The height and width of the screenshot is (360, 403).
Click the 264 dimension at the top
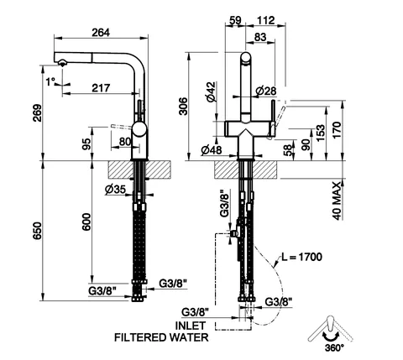[x=101, y=33]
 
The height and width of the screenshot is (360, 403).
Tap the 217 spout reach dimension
[x=101, y=88]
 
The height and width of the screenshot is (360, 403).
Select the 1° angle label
[x=50, y=82]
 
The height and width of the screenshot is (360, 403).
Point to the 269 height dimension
[x=37, y=112]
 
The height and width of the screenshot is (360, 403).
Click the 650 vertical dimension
[x=37, y=231]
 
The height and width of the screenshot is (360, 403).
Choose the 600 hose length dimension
[x=86, y=222]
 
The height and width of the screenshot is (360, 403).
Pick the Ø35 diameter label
[x=115, y=190]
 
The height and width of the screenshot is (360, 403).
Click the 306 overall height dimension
[x=183, y=106]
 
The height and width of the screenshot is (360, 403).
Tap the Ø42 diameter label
[x=211, y=91]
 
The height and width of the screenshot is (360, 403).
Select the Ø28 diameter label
[x=266, y=91]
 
